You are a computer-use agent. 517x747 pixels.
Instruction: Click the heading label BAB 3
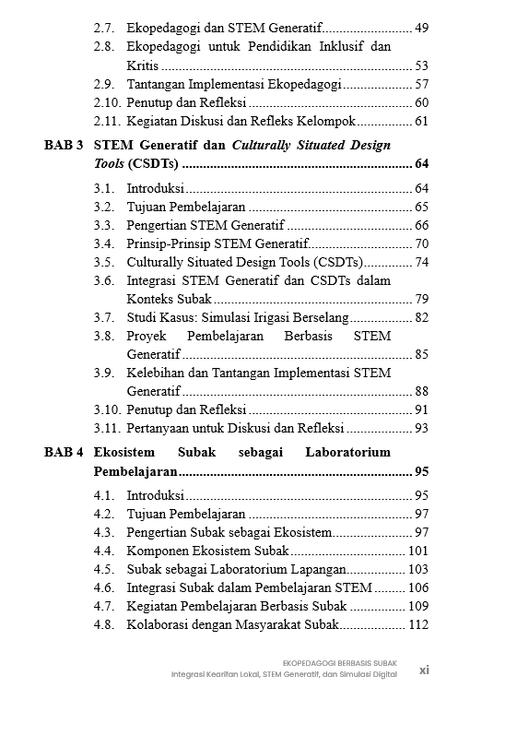click(65, 145)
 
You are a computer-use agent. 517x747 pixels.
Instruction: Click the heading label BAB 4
click(65, 452)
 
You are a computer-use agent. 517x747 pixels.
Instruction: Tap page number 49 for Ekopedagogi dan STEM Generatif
click(422, 28)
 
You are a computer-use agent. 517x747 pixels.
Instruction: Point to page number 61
click(422, 121)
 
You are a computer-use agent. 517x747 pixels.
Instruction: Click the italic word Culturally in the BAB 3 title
click(264, 145)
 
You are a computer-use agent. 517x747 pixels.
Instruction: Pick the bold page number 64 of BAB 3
click(422, 164)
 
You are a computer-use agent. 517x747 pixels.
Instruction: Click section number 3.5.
click(104, 262)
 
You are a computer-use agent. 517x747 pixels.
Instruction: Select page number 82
click(422, 317)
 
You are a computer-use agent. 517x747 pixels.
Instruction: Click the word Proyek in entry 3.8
click(146, 336)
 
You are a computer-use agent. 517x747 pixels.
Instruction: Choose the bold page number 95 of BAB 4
click(422, 471)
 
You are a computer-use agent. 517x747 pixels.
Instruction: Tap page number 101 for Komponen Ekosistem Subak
click(418, 551)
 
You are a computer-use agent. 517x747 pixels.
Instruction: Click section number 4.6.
click(104, 587)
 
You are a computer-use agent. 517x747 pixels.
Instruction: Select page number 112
click(418, 624)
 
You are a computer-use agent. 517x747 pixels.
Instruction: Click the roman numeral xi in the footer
click(424, 670)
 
